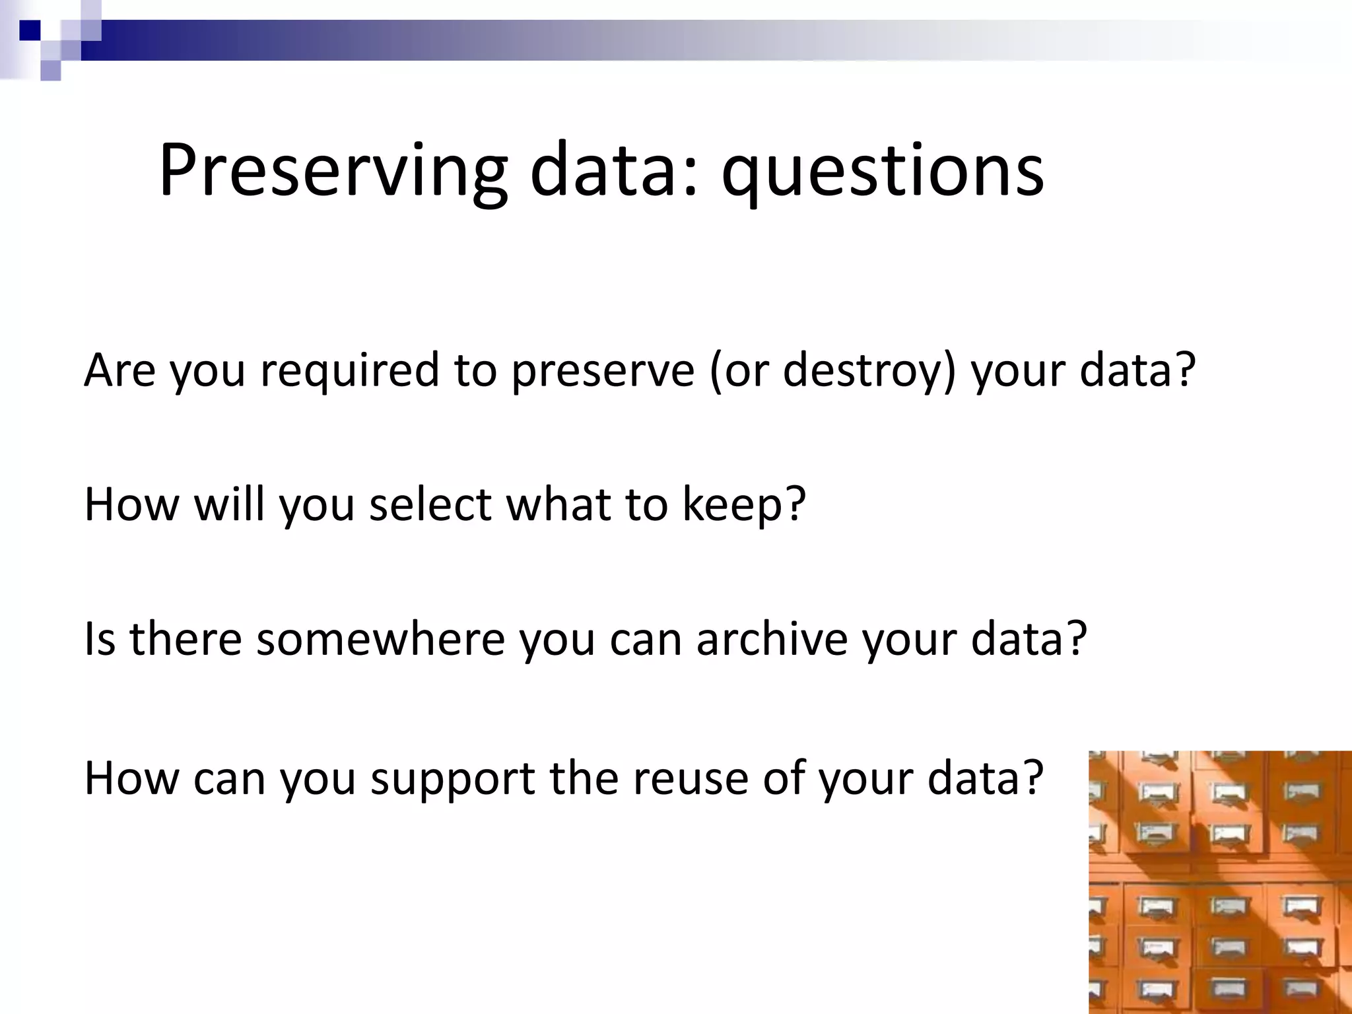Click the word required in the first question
pos(349,371)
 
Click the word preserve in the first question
pos(603,371)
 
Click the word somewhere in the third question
pos(380,640)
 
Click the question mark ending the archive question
pos(1076,638)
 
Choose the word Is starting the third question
pos(100,640)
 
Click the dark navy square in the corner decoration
pos(29,30)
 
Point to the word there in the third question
pos(186,640)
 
